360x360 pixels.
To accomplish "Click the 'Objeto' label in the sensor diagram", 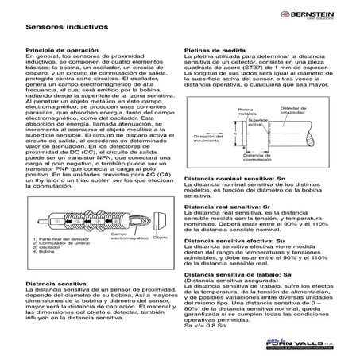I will click(160, 237).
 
